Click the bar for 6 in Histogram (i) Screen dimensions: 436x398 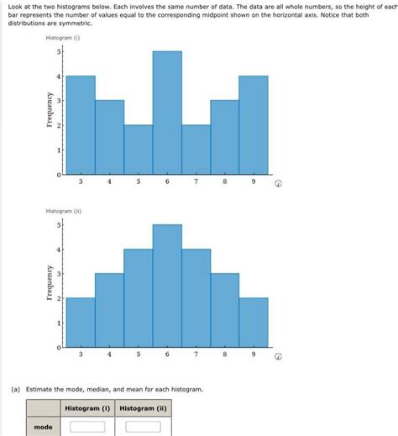pos(167,113)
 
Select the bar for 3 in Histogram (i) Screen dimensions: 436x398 pos(81,125)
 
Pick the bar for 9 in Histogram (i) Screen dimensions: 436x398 pos(254,125)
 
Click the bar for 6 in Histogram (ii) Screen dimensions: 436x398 pos(167,286)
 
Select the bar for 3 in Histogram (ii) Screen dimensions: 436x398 pos(81,323)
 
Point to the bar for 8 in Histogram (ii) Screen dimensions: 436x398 pos(224,310)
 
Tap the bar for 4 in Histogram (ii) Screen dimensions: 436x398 pos(109,310)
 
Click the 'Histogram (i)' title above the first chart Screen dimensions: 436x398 pos(63,39)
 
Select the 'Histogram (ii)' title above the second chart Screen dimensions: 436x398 pos(64,211)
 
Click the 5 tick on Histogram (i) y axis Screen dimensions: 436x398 pos(58,52)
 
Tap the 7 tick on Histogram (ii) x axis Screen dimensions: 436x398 pos(196,355)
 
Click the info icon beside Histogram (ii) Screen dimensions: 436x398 pos(277,355)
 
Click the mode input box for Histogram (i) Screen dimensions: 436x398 pos(87,427)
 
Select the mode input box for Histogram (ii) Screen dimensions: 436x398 pos(143,427)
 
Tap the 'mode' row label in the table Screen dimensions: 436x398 pos(43,427)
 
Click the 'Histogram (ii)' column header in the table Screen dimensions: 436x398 pos(143,408)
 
